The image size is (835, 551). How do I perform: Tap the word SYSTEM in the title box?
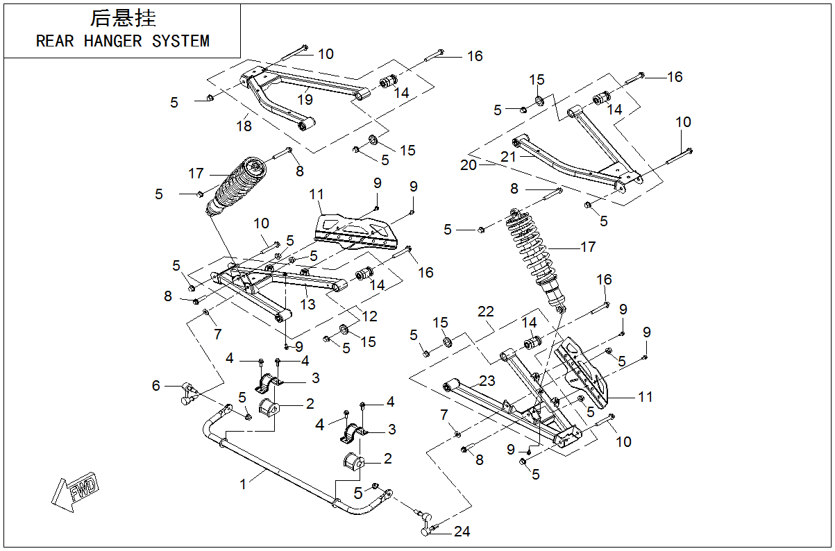tap(180, 42)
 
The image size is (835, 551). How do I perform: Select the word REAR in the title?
tap(55, 42)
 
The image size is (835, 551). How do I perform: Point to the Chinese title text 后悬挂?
tap(123, 18)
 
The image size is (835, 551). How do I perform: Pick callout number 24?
tap(462, 532)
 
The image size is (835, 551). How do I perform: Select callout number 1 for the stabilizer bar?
tap(243, 484)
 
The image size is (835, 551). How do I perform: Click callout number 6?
tap(155, 386)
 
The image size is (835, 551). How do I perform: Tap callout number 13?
tap(307, 304)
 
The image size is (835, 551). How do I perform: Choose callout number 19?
tap(305, 99)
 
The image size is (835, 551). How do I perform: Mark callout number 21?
tap(509, 158)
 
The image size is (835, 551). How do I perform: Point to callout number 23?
tap(487, 380)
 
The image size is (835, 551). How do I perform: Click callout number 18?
tap(244, 126)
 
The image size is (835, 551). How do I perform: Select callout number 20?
tap(469, 164)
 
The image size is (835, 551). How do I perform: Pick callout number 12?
tap(369, 316)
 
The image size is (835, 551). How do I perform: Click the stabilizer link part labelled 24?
tap(425, 521)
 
